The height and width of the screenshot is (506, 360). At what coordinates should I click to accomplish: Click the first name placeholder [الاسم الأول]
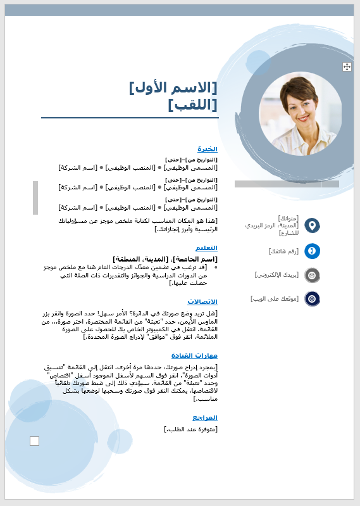173,87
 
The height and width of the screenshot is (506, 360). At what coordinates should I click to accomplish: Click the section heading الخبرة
207,149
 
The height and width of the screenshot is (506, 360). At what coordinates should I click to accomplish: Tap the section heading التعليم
206,248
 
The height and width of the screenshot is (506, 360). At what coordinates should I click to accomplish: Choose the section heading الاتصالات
203,301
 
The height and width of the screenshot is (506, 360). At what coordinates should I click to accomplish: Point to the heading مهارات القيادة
195,355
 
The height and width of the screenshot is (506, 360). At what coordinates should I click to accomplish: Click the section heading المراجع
205,417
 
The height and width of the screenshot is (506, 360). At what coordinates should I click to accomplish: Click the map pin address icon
312,225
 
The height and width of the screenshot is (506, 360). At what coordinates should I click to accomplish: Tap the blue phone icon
312,251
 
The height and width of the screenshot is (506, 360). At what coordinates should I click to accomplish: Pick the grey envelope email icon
312,275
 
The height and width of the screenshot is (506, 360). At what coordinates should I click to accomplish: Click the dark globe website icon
312,298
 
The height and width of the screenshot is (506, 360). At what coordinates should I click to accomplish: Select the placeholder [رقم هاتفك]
283,251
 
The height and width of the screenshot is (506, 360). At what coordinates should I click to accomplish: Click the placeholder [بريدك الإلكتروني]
276,275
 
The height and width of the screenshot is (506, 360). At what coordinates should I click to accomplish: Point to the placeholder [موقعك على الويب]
275,298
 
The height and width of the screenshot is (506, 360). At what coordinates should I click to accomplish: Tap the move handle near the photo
347,66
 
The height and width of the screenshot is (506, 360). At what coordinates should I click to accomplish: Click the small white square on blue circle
34,441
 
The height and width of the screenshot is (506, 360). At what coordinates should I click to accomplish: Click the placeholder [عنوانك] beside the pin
287,218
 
